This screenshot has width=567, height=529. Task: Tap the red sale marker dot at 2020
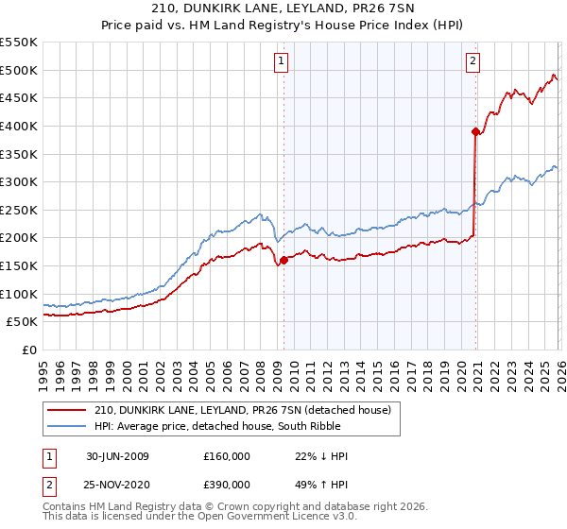pos(475,132)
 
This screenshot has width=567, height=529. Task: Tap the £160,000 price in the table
pos(227,456)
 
